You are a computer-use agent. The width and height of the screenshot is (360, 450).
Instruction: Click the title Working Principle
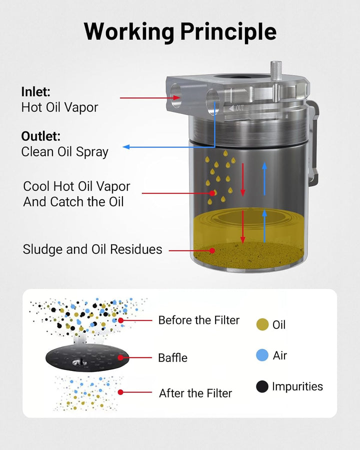[180, 31]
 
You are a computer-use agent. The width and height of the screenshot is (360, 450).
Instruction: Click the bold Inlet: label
[36, 92]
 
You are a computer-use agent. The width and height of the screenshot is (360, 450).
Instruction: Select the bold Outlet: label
[41, 136]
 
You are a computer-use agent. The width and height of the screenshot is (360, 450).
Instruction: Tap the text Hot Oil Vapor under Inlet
[59, 107]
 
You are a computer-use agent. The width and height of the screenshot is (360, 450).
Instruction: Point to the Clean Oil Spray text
[65, 152]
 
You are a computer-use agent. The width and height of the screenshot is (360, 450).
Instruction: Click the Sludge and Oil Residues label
[92, 249]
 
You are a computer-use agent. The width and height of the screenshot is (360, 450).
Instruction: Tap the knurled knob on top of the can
[276, 71]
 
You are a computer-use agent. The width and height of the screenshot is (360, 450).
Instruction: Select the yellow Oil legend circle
[262, 324]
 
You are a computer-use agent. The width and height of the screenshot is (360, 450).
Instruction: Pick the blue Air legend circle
[262, 355]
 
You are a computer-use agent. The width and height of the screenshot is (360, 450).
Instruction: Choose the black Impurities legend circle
[262, 386]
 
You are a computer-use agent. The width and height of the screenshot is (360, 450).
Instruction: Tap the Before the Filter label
[199, 320]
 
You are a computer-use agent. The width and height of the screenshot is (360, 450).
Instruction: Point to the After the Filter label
[195, 393]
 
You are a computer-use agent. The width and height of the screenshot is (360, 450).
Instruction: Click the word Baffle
[173, 358]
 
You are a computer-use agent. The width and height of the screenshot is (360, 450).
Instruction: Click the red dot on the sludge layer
[212, 250]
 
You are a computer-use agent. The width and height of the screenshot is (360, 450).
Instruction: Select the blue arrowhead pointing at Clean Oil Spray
[126, 147]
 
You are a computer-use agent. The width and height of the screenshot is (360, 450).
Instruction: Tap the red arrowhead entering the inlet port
[177, 98]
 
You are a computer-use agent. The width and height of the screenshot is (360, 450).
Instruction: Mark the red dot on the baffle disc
[120, 357]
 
